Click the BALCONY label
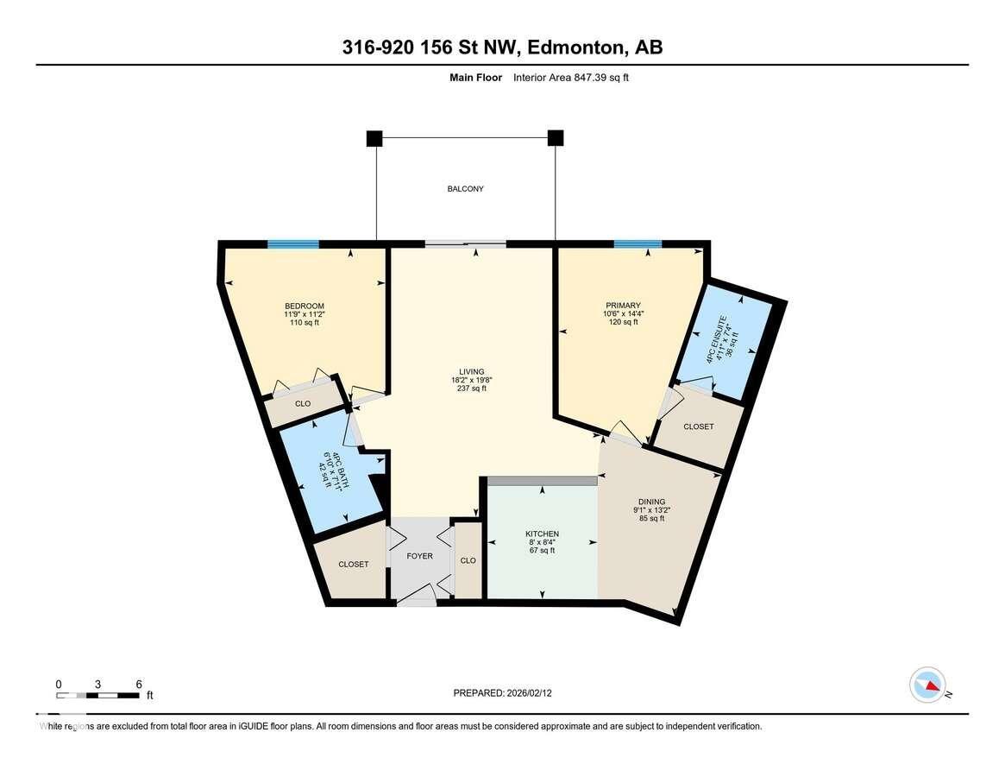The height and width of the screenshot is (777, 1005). tap(465, 189)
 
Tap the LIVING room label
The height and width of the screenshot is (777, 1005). tap(472, 372)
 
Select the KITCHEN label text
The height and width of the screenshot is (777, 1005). tap(542, 534)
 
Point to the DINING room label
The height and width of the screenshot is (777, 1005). tap(651, 502)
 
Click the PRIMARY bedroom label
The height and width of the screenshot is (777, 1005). tap(622, 306)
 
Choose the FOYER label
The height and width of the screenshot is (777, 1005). tap(420, 557)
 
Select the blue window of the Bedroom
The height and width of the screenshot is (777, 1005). tap(293, 244)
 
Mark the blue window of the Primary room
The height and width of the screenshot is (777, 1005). tap(638, 244)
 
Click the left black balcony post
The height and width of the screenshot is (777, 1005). tap(374, 138)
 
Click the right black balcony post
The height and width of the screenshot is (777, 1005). tap(556, 138)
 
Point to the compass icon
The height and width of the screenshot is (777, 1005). tap(927, 685)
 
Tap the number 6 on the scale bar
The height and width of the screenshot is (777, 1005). tap(139, 684)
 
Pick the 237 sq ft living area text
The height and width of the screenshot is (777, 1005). tap(472, 388)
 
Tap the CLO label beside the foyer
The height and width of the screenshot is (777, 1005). tap(468, 560)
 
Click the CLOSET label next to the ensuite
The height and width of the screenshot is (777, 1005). tap(698, 426)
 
